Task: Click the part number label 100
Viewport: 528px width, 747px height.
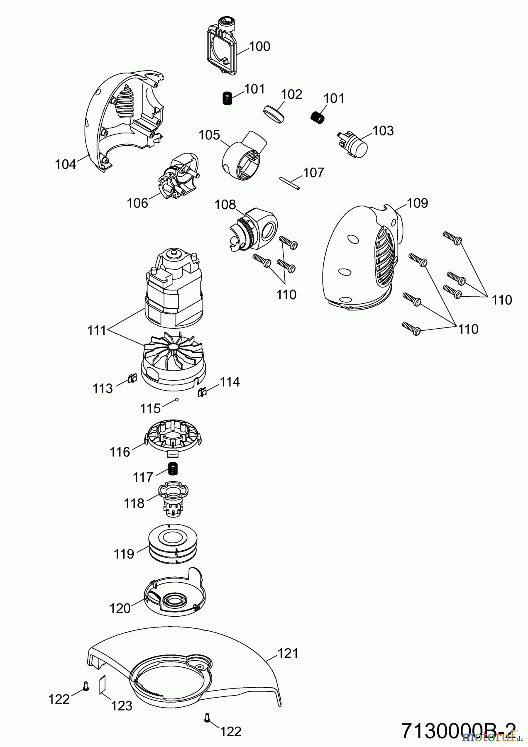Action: click(260, 46)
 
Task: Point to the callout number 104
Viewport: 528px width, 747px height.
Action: click(65, 164)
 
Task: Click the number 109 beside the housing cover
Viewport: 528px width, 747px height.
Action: click(417, 203)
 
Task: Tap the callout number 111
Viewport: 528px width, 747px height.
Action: click(98, 331)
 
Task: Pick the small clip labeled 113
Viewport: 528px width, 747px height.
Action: click(132, 378)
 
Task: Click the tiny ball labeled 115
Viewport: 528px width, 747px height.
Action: click(177, 400)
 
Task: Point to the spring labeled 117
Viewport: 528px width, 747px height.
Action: click(172, 469)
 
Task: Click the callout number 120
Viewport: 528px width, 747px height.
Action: click(120, 608)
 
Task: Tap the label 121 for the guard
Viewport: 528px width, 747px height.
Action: click(288, 653)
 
